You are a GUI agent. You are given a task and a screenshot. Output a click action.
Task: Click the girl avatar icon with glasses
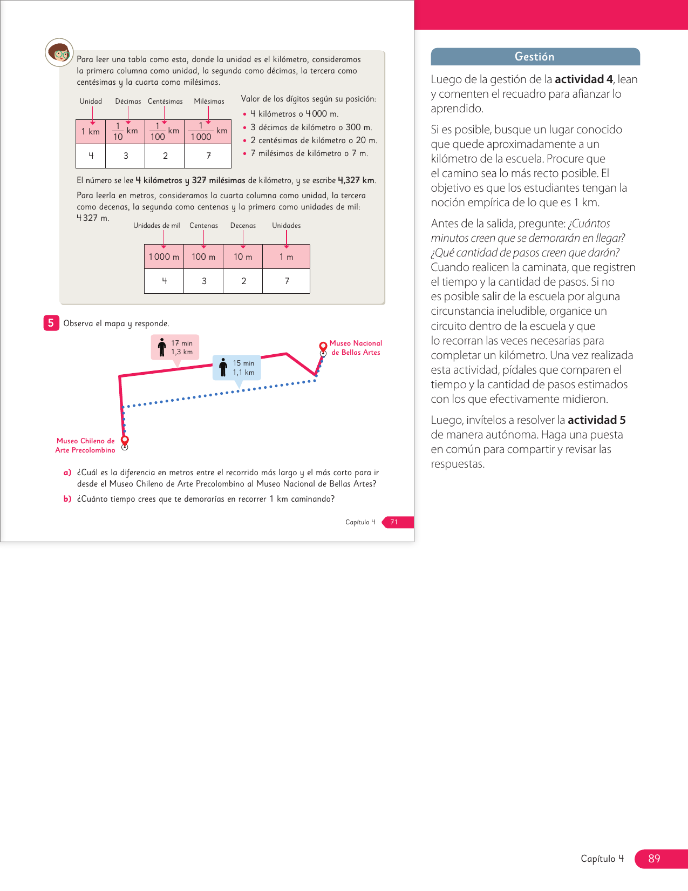59,52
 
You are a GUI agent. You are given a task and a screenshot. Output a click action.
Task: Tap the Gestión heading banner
535,57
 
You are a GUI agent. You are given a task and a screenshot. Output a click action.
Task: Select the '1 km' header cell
91,132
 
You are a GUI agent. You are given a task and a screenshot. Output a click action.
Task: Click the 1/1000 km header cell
208,132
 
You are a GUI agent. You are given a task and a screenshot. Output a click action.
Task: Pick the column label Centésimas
165,102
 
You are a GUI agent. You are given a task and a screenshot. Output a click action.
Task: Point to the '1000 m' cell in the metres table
164,257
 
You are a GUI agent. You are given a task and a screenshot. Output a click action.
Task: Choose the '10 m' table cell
243,257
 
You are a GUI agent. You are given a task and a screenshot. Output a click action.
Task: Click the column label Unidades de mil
156,226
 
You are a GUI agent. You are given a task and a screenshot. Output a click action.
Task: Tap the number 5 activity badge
51,323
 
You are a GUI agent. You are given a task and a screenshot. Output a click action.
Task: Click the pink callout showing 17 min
175,347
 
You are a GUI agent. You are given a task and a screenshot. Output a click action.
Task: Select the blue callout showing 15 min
237,368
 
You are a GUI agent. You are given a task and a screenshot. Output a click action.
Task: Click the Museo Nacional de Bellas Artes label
356,348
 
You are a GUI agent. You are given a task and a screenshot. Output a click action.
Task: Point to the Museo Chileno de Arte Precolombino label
85,446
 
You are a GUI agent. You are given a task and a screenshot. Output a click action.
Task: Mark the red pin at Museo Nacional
323,346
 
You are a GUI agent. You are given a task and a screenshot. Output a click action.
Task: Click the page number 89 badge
655,858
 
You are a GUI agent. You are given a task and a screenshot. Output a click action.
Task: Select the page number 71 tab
394,522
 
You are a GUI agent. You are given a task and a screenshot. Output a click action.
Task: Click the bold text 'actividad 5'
596,420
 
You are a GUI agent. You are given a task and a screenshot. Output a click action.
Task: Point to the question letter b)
67,499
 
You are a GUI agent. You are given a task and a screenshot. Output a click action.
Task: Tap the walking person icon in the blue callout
223,367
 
